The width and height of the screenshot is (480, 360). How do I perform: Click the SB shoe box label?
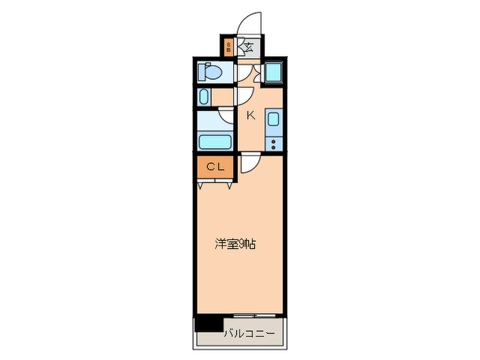228,48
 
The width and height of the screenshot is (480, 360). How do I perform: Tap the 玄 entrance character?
248,48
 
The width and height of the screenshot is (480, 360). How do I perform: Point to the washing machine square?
272,72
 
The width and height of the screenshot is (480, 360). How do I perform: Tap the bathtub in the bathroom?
215,142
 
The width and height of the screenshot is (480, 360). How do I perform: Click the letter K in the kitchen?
251,115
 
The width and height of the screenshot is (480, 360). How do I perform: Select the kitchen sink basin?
272,120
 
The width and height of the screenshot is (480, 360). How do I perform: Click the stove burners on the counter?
273,144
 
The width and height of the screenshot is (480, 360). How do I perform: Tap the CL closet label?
215,166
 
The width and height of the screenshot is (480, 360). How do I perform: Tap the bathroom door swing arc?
227,116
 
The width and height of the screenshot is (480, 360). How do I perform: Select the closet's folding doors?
217,183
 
